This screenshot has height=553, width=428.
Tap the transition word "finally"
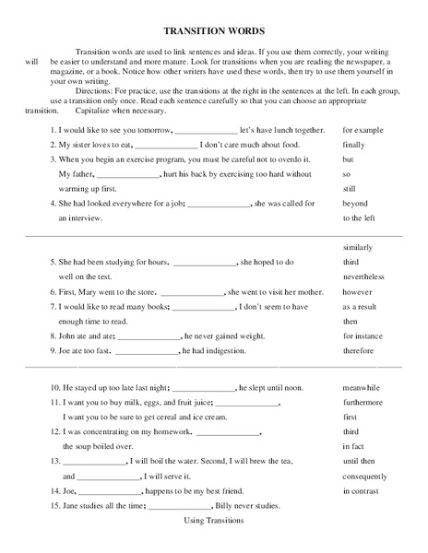coord(353,146)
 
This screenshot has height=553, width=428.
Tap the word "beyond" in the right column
coord(355,204)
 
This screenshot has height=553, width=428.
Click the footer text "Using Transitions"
coord(213,521)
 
